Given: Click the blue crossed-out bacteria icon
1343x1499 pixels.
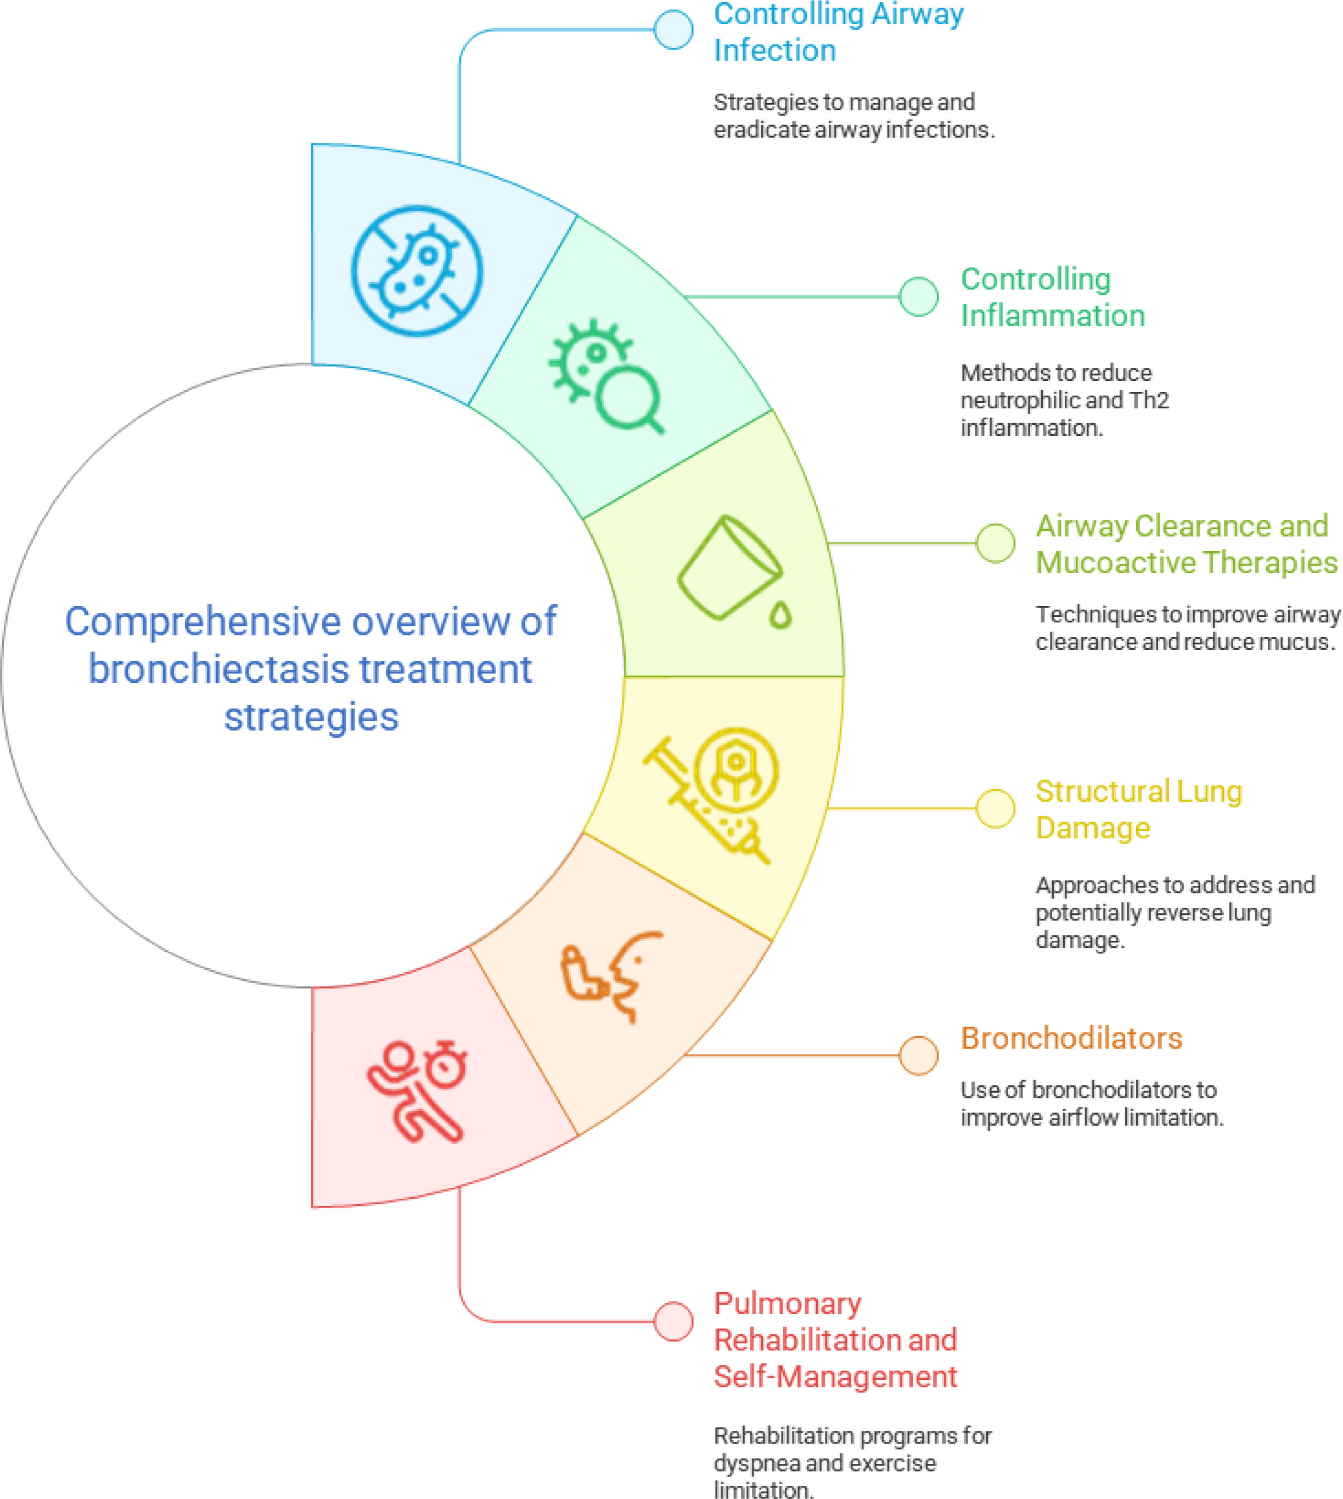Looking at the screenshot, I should [417, 271].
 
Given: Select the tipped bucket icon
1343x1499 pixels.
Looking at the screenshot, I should [729, 567].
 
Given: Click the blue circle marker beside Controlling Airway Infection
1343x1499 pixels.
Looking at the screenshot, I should [673, 30].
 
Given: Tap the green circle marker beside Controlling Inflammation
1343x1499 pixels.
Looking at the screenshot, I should [918, 297].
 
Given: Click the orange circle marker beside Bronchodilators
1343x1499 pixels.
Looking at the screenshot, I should [918, 1055].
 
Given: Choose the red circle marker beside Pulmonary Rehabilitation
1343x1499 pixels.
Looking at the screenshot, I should [673, 1321].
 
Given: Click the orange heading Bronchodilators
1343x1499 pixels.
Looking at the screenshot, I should [1071, 1038].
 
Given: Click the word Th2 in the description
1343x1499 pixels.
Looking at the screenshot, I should [1149, 400].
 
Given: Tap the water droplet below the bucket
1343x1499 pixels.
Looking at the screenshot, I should [780, 615].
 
